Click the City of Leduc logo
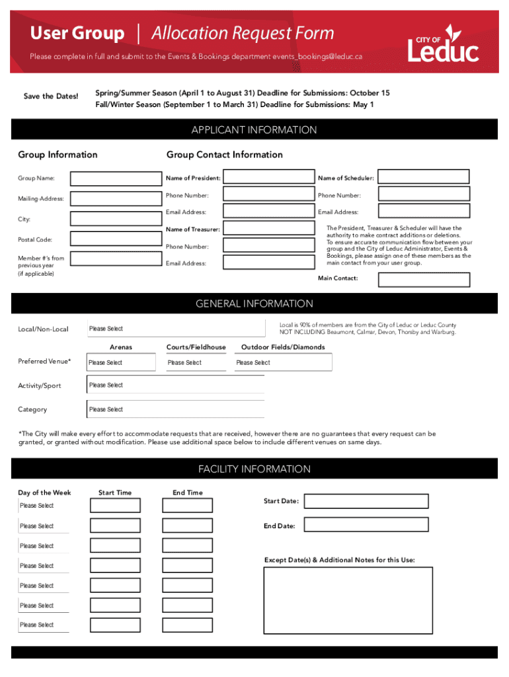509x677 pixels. point(443,44)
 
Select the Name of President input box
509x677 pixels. point(268,177)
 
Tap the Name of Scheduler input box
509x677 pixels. point(424,177)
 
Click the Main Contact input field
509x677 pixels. point(424,280)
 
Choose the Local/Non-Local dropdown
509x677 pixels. point(175,329)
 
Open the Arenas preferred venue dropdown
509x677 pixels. point(121,362)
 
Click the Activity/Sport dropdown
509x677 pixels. point(175,385)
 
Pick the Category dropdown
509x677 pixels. point(175,409)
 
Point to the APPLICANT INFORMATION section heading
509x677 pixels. point(255,130)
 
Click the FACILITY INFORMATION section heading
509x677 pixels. point(255,469)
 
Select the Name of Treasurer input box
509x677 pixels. point(268,229)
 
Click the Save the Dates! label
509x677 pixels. point(51,97)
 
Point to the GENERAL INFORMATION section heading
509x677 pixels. point(255,304)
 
